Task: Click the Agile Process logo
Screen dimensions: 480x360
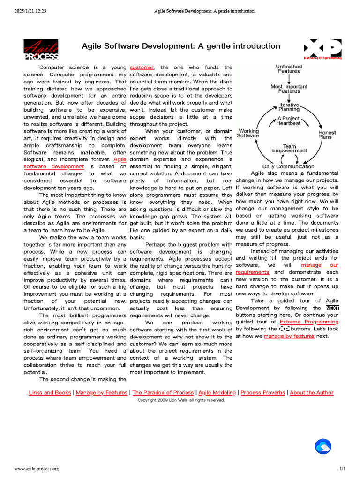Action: coord(41,50)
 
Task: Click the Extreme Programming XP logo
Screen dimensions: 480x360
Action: coord(322,49)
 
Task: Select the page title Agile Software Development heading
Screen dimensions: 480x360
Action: coord(181,46)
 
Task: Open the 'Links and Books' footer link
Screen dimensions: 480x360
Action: coord(50,393)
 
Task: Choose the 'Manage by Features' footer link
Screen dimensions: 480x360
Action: coord(101,393)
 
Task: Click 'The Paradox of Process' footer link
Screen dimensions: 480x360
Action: coord(163,393)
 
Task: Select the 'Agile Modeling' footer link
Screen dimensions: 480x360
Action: coord(217,393)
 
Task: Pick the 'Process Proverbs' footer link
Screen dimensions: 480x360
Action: coord(263,393)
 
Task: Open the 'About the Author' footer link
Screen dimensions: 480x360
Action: coord(311,393)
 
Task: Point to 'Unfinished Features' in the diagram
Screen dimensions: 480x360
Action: coord(289,69)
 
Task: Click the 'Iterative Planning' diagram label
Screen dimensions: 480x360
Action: coord(289,107)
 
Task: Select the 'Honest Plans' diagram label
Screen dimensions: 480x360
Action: coord(327,135)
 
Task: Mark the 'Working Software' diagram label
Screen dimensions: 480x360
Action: coord(248,134)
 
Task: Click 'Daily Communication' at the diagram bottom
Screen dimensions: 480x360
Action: coord(288,166)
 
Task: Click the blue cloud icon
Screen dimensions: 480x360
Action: coord(322,446)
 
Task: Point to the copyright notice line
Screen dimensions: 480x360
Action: coord(181,400)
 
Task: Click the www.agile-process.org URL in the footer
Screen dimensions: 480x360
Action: coord(37,469)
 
